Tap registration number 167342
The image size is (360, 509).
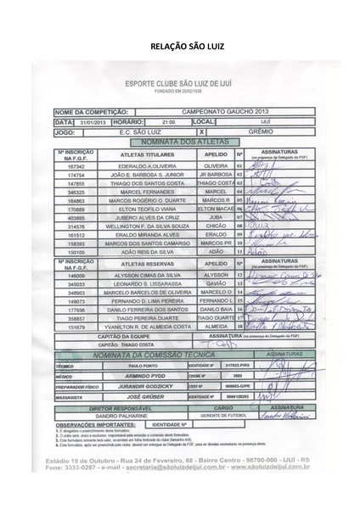77,166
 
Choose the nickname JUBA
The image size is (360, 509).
215,215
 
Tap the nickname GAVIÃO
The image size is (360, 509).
215,283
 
